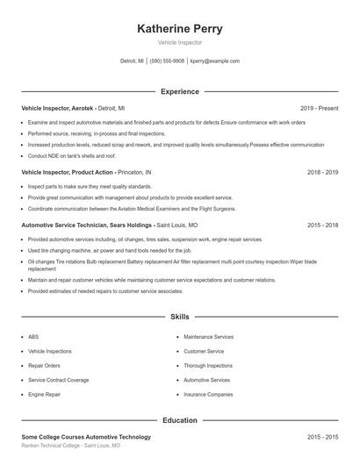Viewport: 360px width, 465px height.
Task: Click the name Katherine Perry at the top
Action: click(179, 29)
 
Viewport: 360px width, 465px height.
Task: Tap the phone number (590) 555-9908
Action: click(167, 61)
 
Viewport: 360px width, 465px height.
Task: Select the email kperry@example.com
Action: click(215, 61)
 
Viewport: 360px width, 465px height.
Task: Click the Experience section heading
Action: click(179, 91)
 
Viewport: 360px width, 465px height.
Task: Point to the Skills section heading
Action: click(179, 316)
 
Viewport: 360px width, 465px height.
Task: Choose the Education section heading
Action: click(179, 420)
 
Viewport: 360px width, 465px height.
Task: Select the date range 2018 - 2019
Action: click(322, 173)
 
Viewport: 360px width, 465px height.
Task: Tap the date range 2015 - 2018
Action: click(322, 225)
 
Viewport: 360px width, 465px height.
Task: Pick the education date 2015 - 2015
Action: click(322, 437)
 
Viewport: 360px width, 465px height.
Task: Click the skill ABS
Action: click(33, 336)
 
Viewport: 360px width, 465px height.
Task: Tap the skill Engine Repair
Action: click(44, 395)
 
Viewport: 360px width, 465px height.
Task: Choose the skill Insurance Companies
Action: click(208, 395)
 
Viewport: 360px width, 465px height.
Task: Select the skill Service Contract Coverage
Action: click(58, 380)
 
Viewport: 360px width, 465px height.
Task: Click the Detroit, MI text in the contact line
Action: click(133, 61)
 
